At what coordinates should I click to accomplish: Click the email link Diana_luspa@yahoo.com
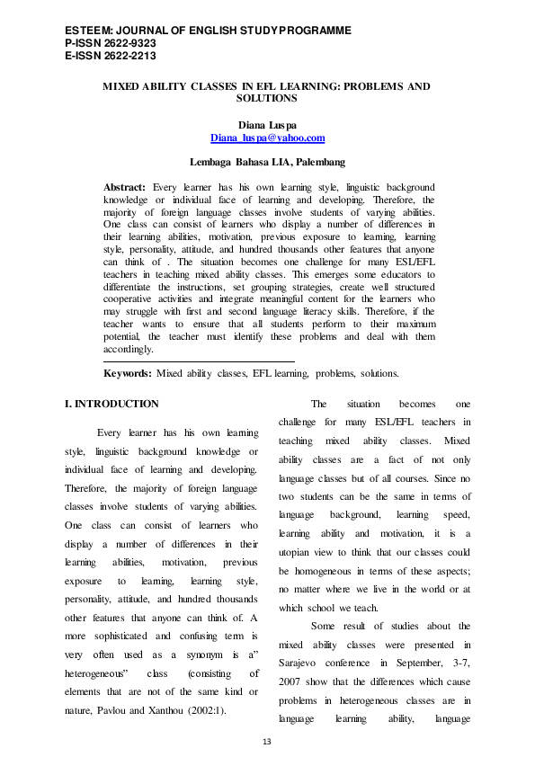[267, 138]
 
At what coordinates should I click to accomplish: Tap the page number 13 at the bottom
[266, 741]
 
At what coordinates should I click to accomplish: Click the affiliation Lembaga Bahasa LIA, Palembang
[267, 163]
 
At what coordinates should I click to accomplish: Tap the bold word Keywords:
[129, 372]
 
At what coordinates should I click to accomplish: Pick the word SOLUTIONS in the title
[267, 98]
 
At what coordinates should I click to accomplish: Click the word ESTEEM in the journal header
[87, 31]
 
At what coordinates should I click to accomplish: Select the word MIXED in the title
[123, 86]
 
